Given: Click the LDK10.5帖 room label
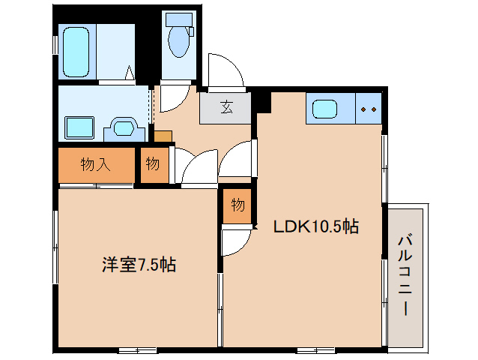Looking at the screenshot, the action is click(316, 226).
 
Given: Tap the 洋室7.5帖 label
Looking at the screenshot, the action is click(139, 264).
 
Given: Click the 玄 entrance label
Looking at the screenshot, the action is click(226, 107).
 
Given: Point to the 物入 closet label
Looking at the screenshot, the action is click(95, 165).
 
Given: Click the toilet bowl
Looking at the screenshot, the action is click(178, 41).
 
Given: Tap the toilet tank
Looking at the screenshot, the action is click(179, 19).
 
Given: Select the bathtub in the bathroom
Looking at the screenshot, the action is click(76, 52).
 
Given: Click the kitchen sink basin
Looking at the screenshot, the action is click(324, 109).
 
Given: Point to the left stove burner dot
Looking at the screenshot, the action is click(363, 109).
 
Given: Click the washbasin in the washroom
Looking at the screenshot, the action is click(124, 128).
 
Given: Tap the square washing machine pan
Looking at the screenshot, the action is click(79, 127).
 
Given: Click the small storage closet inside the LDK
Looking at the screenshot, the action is click(238, 206).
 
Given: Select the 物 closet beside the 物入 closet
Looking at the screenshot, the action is click(154, 165).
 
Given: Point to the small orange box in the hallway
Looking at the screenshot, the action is click(163, 136).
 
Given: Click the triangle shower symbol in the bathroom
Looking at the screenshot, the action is click(130, 73).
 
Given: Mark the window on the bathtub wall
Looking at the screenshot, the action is click(55, 45).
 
